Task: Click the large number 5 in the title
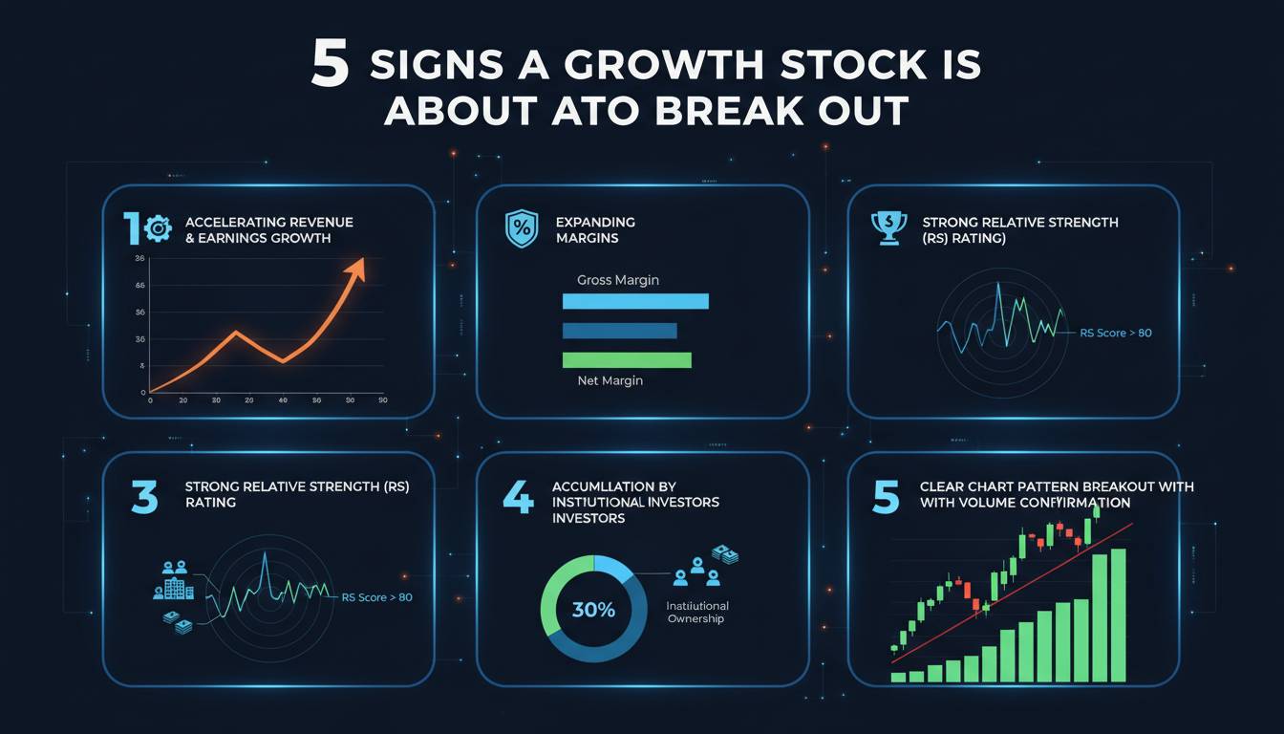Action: [x=330, y=65]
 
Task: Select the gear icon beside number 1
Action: [x=156, y=227]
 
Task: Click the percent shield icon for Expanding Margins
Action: [x=521, y=229]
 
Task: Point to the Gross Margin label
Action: [x=617, y=280]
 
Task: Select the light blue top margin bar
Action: [x=635, y=301]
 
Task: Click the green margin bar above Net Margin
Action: [x=626, y=360]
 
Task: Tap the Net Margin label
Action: [x=610, y=380]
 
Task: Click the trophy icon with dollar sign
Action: [x=889, y=227]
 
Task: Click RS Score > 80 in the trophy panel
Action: [x=1115, y=334]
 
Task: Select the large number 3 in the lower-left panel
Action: [x=144, y=498]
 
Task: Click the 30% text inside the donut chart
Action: [x=592, y=610]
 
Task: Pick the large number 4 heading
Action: [x=517, y=498]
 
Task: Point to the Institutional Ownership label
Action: [x=696, y=613]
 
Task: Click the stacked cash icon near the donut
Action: [x=723, y=554]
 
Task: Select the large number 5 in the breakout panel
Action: [x=886, y=498]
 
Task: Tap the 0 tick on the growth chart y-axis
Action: [x=142, y=392]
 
